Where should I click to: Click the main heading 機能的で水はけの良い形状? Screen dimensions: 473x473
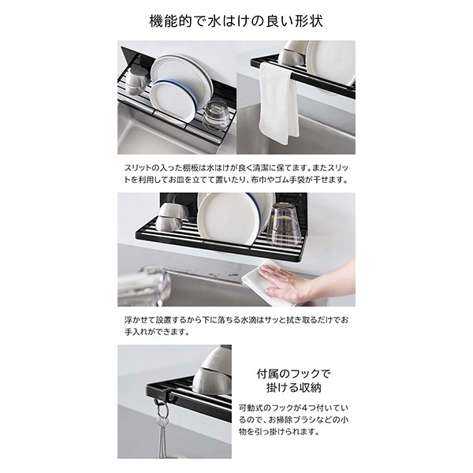(236, 22)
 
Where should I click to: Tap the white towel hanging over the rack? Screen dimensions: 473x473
(278, 102)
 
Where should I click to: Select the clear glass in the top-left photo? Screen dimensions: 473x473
(215, 114)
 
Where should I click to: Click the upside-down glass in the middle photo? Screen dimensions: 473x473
(283, 224)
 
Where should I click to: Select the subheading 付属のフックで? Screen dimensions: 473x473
(293, 374)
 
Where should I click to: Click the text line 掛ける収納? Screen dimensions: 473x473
(293, 388)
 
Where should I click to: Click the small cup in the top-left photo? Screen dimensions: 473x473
(136, 80)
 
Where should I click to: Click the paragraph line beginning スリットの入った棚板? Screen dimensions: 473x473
(236, 168)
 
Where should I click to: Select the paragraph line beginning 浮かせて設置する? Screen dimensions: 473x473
(236, 320)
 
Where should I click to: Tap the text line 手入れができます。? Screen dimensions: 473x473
(157, 332)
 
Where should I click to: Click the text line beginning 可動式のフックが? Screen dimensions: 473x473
(293, 408)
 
